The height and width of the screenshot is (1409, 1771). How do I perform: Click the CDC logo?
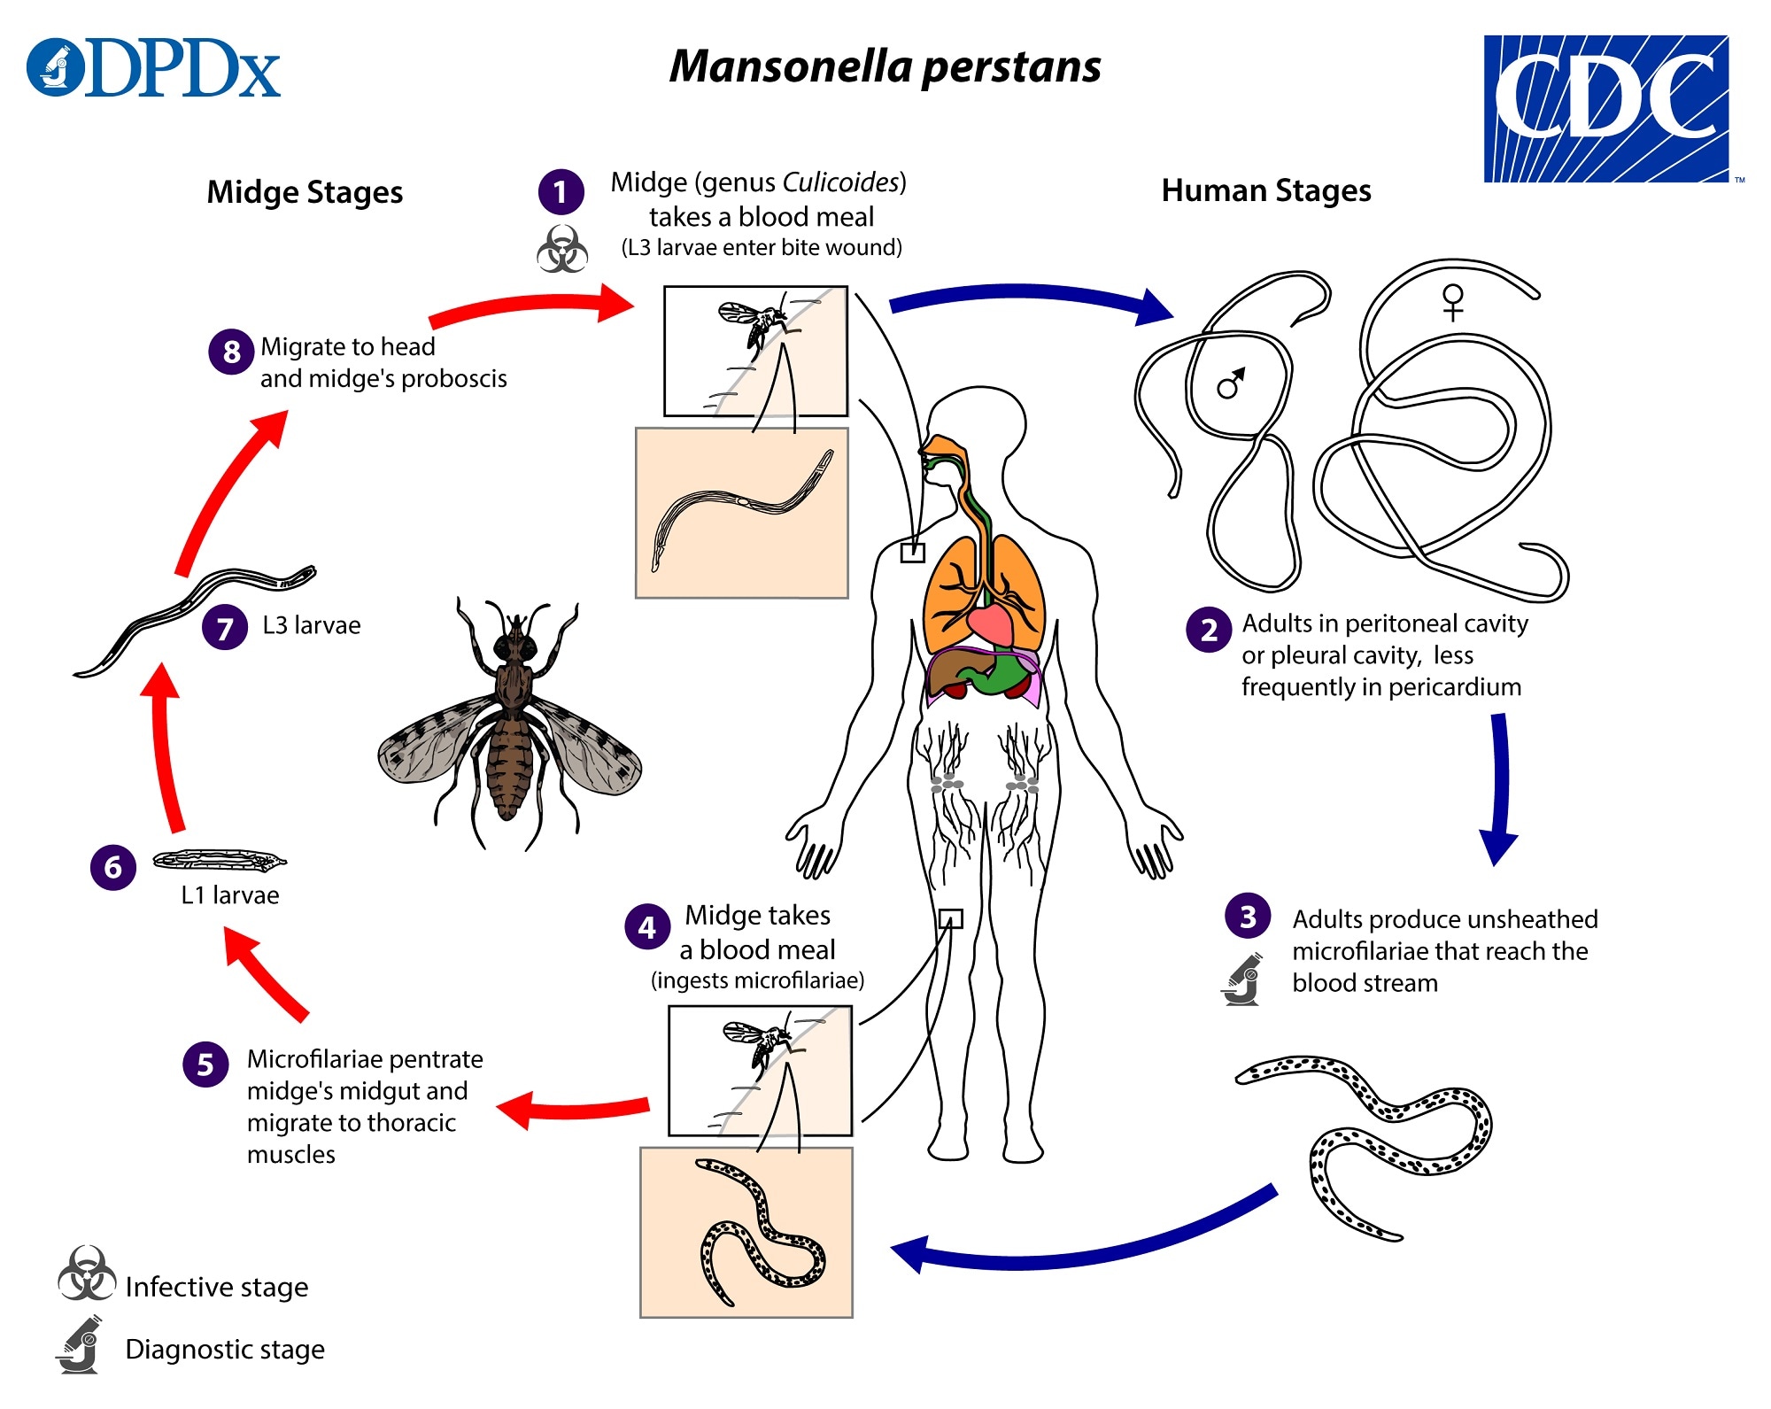tap(1605, 108)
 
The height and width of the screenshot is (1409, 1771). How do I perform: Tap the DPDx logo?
tap(154, 68)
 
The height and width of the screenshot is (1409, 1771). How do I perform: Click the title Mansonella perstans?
tap(885, 66)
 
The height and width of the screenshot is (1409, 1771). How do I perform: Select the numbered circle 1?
tap(561, 192)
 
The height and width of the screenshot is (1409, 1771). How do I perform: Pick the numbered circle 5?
tap(205, 1064)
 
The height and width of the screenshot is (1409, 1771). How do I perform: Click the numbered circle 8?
tap(231, 352)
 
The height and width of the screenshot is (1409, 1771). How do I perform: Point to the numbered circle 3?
tap(1248, 917)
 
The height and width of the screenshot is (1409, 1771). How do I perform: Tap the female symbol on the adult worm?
tap(1453, 301)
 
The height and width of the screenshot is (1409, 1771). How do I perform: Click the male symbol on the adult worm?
tap(1231, 383)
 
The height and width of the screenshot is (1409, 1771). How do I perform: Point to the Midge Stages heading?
tap(305, 192)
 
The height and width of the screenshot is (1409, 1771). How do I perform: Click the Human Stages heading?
tap(1266, 190)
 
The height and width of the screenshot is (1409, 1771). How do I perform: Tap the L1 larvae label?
tap(230, 895)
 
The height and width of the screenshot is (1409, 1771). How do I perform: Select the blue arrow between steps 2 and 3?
tap(1498, 788)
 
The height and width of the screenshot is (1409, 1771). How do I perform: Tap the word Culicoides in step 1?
tap(841, 182)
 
